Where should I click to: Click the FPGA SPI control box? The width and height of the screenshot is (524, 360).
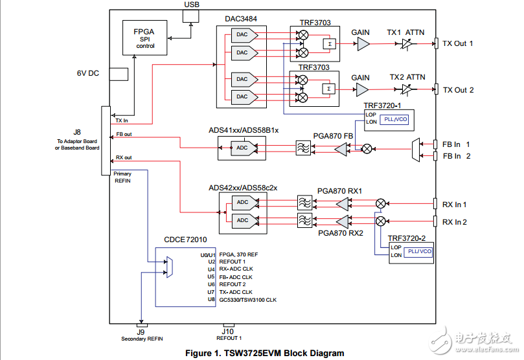[x=144, y=37]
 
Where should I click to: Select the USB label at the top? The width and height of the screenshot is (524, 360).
[x=192, y=5]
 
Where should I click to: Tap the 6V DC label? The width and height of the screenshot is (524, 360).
[x=87, y=73]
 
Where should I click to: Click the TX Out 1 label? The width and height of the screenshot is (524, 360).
[x=458, y=43]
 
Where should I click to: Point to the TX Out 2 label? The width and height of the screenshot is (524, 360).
[x=458, y=90]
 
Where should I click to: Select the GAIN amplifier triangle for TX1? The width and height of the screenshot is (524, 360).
[x=363, y=43]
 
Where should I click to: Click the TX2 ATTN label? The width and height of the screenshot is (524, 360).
[x=407, y=77]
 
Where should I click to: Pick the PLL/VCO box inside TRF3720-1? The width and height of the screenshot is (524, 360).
[x=394, y=119]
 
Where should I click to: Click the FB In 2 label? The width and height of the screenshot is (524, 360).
[x=456, y=156]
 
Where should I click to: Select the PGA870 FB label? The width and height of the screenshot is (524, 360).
[x=333, y=135]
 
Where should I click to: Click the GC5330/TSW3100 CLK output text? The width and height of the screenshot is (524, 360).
[x=247, y=300]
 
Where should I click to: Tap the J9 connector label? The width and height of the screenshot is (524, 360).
[x=141, y=332]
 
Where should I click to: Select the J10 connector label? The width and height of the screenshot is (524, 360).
[x=228, y=331]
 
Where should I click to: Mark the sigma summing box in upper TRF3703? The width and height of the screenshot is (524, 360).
[x=328, y=43]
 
